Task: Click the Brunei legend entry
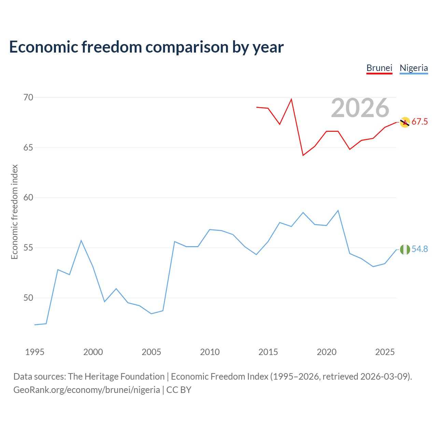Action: pyautogui.click(x=379, y=68)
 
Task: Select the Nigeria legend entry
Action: pyautogui.click(x=414, y=68)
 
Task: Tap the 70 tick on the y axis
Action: pyautogui.click(x=28, y=98)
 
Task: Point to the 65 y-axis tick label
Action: pyautogui.click(x=28, y=148)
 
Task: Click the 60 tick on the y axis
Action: pyautogui.click(x=28, y=198)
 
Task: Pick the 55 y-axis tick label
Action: pyautogui.click(x=28, y=248)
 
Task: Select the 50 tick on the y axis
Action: pyautogui.click(x=28, y=298)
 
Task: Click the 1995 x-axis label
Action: pyautogui.click(x=35, y=352)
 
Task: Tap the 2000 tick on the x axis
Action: pyautogui.click(x=93, y=352)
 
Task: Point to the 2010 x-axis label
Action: pyautogui.click(x=210, y=352)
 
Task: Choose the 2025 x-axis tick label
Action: pyautogui.click(x=385, y=352)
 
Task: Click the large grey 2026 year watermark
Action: pyautogui.click(x=360, y=108)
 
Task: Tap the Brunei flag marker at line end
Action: pyautogui.click(x=405, y=122)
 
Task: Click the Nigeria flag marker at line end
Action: pyautogui.click(x=405, y=250)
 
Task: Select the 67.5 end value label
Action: pyautogui.click(x=420, y=122)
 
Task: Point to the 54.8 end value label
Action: pyautogui.click(x=420, y=249)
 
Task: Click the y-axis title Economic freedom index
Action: pyautogui.click(x=14, y=212)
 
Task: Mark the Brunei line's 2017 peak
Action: pyautogui.click(x=291, y=99)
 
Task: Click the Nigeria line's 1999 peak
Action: pyautogui.click(x=81, y=241)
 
